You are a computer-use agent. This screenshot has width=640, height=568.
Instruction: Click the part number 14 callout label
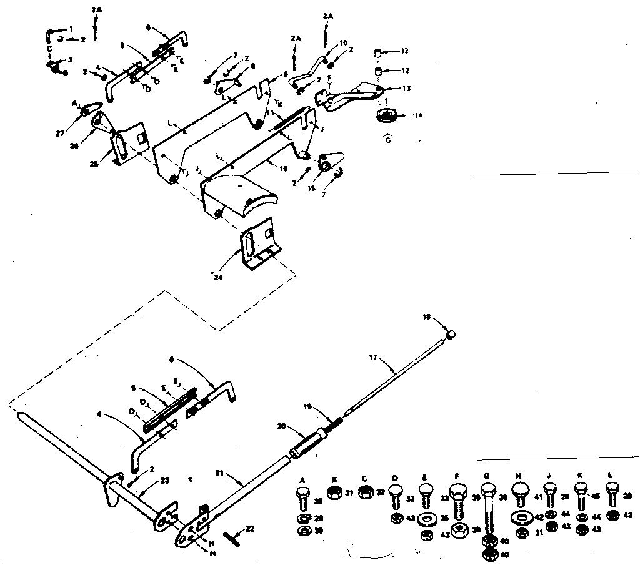(x=401, y=115)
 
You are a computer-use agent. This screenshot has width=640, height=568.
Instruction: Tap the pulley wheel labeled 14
(x=386, y=115)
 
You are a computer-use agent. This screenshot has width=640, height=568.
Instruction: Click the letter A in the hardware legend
(x=302, y=479)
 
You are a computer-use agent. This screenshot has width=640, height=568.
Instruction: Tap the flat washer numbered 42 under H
(x=518, y=517)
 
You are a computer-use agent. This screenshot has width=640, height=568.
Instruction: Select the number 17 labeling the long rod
(x=373, y=358)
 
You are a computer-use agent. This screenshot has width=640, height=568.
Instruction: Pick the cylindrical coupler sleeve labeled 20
(x=306, y=444)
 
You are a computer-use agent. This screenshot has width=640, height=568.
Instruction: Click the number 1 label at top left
(x=71, y=29)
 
